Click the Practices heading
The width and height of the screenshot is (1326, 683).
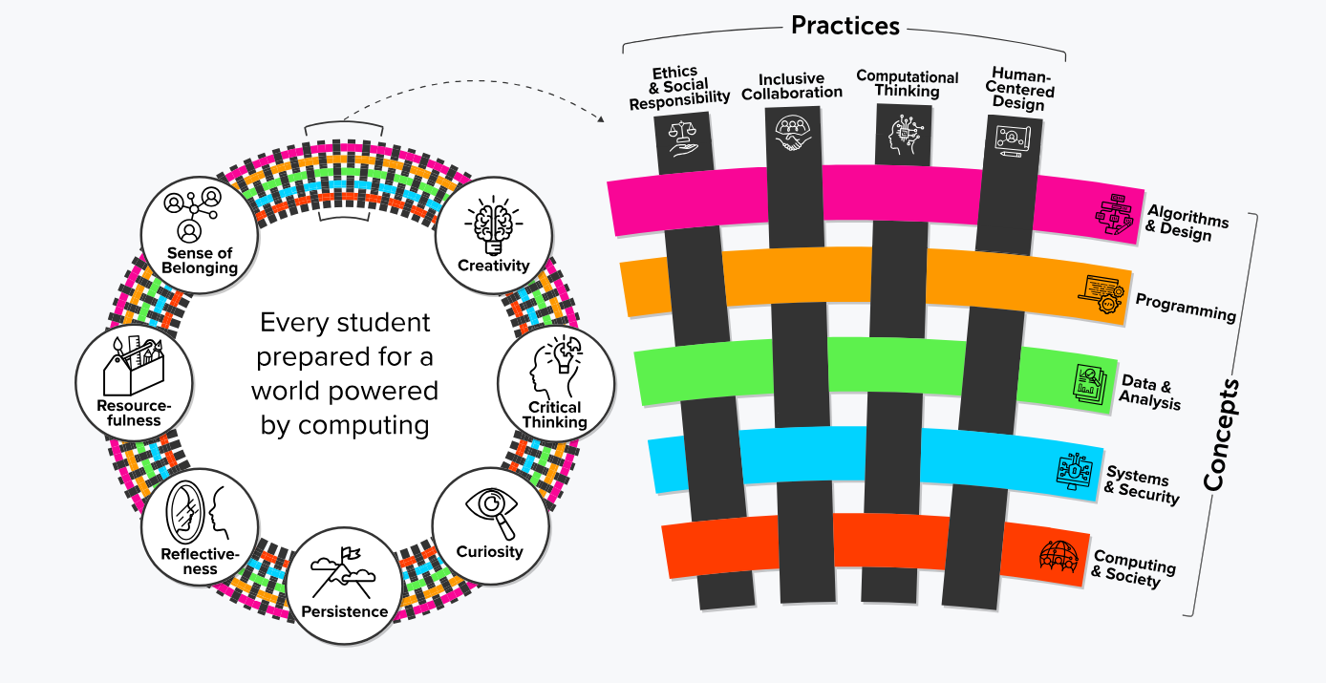845,26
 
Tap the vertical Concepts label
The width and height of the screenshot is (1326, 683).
1221,435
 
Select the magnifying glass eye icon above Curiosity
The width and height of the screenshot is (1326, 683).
491,513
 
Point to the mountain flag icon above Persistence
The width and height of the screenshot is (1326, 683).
343,572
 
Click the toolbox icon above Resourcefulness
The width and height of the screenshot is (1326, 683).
134,365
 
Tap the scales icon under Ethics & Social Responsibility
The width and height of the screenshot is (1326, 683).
682,139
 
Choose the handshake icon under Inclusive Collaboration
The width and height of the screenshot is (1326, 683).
793,133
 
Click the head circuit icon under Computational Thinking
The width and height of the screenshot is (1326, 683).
905,135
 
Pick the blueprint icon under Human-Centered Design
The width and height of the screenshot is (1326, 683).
1013,140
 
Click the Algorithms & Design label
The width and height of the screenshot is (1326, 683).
1186,224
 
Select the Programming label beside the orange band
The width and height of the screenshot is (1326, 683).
1186,307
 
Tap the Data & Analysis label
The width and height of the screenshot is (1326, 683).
1149,392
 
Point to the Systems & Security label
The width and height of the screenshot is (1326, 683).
1142,484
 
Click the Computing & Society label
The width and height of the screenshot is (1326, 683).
1133,568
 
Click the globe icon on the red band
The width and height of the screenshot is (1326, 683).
1059,556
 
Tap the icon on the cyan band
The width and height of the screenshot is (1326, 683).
1074,471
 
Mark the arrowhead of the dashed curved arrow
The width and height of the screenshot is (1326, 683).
601,119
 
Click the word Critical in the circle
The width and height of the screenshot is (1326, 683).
555,407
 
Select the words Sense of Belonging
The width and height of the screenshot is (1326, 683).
200,261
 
